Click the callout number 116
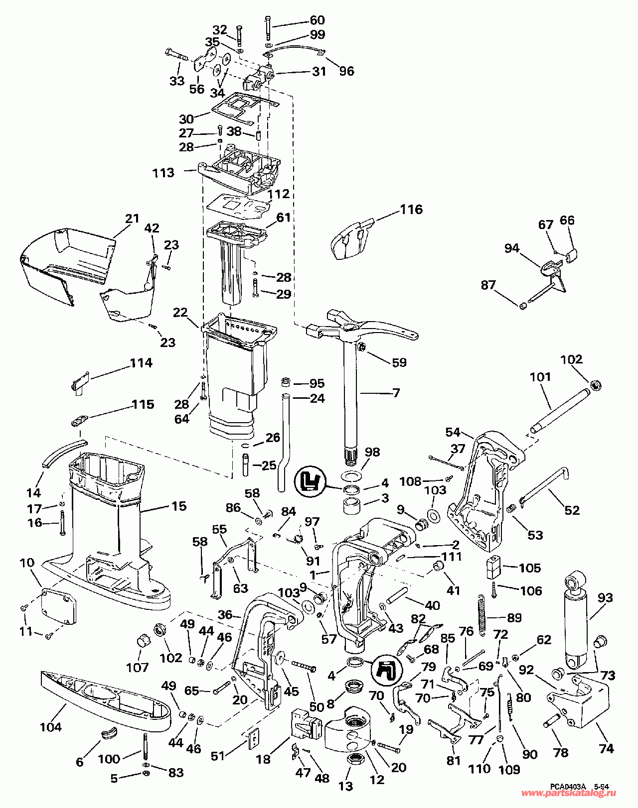(x=411, y=209)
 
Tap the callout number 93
(x=605, y=597)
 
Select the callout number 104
(x=51, y=727)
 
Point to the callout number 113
(x=163, y=173)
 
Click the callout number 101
(x=541, y=376)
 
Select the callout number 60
(x=318, y=19)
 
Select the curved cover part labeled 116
(x=352, y=239)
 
